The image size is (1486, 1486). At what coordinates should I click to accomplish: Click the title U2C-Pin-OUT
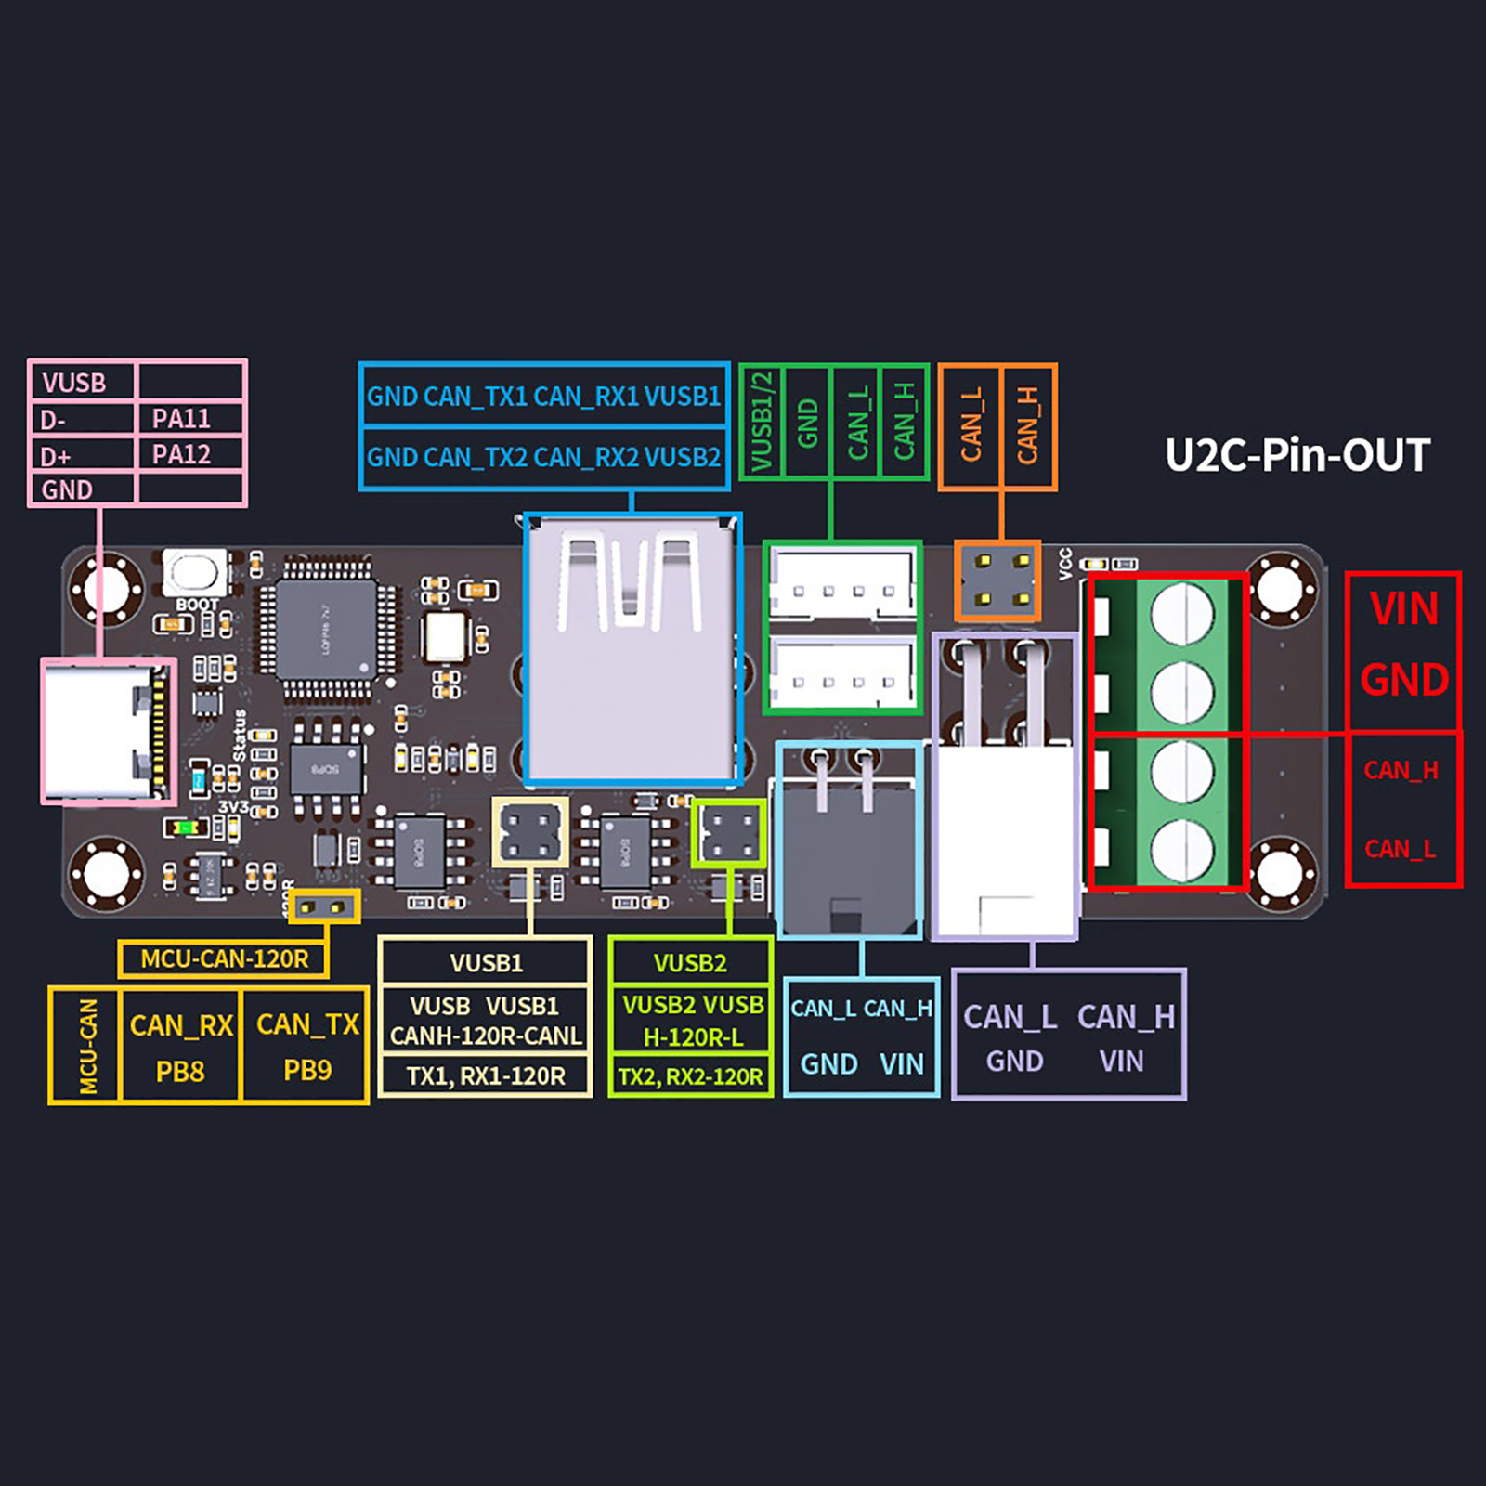[x=1297, y=455]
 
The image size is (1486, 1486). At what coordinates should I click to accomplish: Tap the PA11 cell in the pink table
[x=181, y=419]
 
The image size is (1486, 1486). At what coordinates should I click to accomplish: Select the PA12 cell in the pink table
[x=181, y=455]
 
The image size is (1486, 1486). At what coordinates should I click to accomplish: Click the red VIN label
[x=1403, y=610]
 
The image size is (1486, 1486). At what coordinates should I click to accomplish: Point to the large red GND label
[x=1403, y=680]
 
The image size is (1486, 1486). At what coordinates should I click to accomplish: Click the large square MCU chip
[x=326, y=630]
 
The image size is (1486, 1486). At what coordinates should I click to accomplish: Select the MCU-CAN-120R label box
[x=224, y=958]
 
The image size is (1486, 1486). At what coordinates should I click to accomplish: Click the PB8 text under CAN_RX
[x=180, y=1072]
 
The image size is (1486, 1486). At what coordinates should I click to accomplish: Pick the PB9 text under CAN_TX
[x=307, y=1071]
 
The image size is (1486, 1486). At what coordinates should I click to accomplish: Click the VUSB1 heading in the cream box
[x=486, y=963]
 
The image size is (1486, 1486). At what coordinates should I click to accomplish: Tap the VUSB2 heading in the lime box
[x=690, y=963]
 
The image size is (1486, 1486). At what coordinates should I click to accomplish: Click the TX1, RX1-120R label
[x=486, y=1076]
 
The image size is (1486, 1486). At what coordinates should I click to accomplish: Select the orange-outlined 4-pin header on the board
[x=997, y=581]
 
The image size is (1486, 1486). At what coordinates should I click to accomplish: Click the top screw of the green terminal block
[x=1181, y=614]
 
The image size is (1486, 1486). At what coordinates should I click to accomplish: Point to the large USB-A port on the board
[x=632, y=648]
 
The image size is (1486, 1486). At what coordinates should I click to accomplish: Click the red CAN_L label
[x=1401, y=849]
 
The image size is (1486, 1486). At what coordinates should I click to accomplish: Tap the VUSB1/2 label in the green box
[x=762, y=422]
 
